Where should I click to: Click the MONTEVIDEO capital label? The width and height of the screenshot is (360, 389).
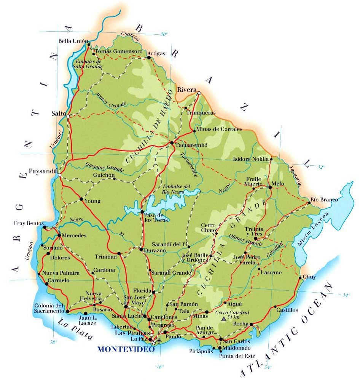(x=126, y=349)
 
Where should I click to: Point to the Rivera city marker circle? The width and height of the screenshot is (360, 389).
(x=199, y=93)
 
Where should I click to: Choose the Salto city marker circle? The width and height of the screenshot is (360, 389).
(x=68, y=116)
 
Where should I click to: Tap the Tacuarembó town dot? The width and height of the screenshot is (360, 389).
(x=172, y=143)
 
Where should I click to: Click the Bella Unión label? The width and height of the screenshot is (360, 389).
(x=73, y=41)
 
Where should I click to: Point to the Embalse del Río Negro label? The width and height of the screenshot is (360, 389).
(x=176, y=189)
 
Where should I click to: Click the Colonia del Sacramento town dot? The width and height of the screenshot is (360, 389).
(x=67, y=311)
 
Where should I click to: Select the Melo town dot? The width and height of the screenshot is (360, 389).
(x=269, y=187)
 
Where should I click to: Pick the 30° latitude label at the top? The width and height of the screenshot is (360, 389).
(x=163, y=34)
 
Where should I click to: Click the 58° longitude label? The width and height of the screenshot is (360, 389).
(x=53, y=342)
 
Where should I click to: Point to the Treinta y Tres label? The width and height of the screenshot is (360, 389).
(x=254, y=231)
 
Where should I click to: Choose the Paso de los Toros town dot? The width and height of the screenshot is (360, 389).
(x=142, y=212)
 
